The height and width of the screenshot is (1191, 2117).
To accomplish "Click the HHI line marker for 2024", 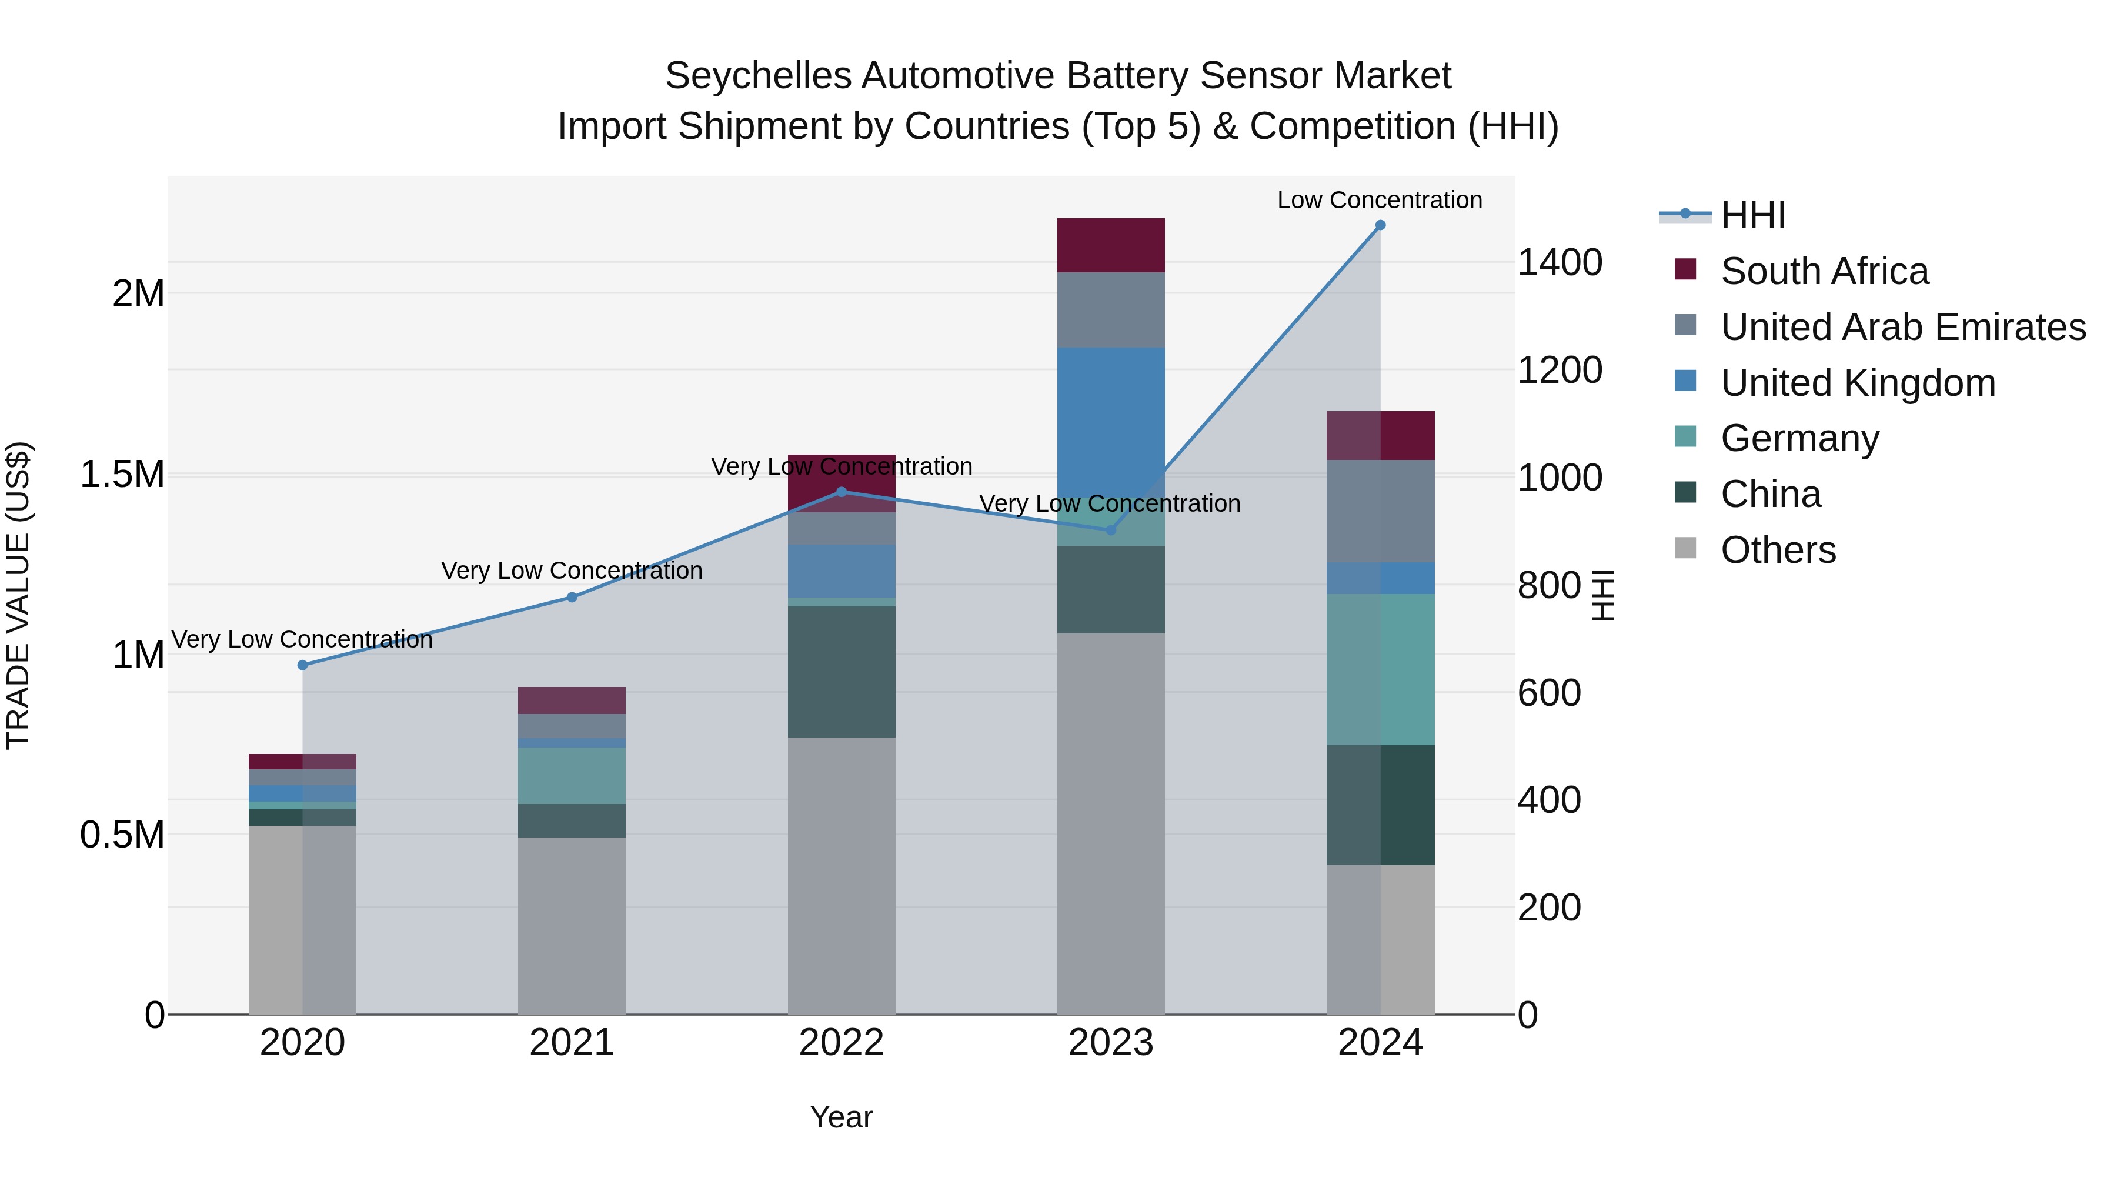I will (x=1380, y=225).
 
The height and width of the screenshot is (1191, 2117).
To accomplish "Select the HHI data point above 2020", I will (x=302, y=665).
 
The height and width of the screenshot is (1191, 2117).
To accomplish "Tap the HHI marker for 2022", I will (x=841, y=492).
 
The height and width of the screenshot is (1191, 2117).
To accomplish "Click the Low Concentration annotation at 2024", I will (x=1379, y=200).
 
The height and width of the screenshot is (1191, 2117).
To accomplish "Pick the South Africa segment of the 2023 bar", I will (x=1110, y=245).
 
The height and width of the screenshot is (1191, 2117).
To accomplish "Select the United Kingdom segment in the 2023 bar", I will (x=1110, y=411).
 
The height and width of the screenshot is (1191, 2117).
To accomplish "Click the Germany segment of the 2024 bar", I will (x=1380, y=669).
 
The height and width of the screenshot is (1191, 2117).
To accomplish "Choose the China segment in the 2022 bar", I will (x=841, y=672).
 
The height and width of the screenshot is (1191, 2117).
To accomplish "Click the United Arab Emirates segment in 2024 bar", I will (x=1380, y=511).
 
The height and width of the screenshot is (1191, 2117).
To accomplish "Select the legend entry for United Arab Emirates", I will (x=1902, y=327).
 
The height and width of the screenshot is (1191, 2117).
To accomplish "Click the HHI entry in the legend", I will (x=1752, y=215).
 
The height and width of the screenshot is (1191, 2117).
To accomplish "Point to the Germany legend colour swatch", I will (x=1685, y=436).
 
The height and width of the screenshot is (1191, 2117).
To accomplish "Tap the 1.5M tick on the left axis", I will (x=122, y=474).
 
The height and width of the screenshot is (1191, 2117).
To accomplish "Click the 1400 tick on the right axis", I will (x=1559, y=263).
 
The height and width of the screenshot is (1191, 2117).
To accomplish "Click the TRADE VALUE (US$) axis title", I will (x=19, y=595).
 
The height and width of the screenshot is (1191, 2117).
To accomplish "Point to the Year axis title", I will (x=841, y=1117).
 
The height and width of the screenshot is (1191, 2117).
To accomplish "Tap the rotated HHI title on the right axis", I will (x=1602, y=595).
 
